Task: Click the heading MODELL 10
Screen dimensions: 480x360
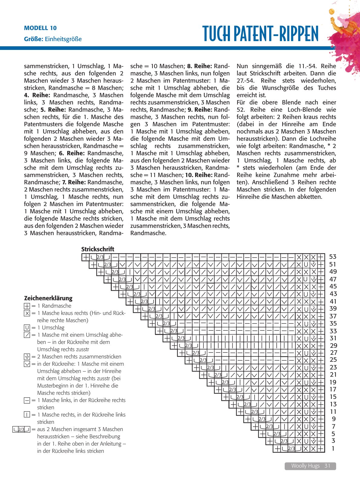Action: (40, 28)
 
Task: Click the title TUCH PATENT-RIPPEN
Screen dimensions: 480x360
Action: (260, 34)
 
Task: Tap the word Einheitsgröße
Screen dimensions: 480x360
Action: (63, 39)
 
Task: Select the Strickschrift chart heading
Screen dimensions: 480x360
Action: (98, 249)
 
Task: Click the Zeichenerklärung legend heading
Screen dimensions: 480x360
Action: (48, 298)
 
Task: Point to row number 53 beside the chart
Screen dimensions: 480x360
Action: (333, 257)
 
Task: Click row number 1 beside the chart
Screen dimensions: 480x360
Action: (333, 449)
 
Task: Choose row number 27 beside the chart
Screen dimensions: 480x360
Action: (333, 353)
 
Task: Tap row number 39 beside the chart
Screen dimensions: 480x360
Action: (333, 309)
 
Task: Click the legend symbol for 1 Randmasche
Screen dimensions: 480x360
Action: (27, 306)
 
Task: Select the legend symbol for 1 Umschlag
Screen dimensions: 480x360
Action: (27, 328)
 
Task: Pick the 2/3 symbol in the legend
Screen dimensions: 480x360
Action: (21, 429)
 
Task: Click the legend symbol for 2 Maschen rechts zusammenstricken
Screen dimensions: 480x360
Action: (27, 357)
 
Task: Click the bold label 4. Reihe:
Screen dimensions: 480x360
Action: (37, 95)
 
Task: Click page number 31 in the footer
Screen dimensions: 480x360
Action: (327, 466)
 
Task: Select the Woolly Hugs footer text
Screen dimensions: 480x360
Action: (305, 466)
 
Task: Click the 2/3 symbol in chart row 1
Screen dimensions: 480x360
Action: (291, 449)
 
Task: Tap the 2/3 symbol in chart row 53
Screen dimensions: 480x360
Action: (100, 257)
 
